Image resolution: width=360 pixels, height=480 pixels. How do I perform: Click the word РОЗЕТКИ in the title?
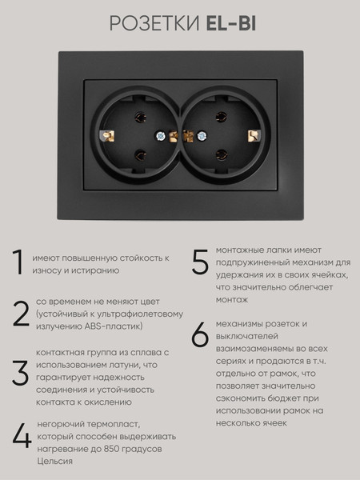154,23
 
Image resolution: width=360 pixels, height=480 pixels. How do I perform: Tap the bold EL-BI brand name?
231,23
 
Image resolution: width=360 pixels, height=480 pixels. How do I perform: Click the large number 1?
18,262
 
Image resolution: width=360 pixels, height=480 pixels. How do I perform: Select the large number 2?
21,314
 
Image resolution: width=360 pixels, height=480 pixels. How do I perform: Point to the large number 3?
21,373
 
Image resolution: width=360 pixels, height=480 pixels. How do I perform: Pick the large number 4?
22,435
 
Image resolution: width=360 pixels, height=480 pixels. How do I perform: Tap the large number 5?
200,262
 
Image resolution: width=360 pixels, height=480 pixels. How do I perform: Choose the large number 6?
200,334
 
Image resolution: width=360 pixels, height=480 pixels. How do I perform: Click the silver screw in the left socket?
161,136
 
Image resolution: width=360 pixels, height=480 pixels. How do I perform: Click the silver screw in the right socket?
202,136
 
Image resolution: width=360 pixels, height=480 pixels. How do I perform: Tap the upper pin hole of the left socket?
141,118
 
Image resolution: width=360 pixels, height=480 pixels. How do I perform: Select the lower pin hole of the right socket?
221,155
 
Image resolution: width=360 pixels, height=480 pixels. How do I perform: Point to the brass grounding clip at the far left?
107,136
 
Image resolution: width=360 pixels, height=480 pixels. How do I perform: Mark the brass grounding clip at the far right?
254,136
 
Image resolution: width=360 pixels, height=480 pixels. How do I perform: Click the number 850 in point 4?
111,449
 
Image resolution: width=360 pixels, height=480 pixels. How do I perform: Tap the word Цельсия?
54,462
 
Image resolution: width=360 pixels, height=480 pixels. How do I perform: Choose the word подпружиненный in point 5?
253,262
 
